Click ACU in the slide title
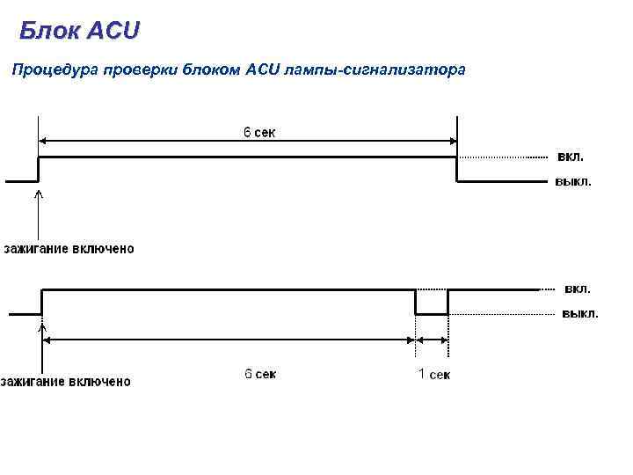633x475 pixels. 113,33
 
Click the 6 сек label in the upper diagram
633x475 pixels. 258,133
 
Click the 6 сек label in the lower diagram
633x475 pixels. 259,375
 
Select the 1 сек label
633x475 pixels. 433,375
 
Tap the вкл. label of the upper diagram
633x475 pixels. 569,157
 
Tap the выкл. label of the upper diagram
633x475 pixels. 572,182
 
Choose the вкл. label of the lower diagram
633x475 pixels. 576,289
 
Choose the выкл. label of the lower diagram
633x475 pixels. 579,313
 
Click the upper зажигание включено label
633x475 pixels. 69,249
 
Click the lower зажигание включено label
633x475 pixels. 66,381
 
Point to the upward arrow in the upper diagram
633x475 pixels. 38,211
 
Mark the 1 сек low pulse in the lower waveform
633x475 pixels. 432,313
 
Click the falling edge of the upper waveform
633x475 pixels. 457,170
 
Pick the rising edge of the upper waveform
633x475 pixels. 38,170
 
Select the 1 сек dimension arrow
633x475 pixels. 432,340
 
